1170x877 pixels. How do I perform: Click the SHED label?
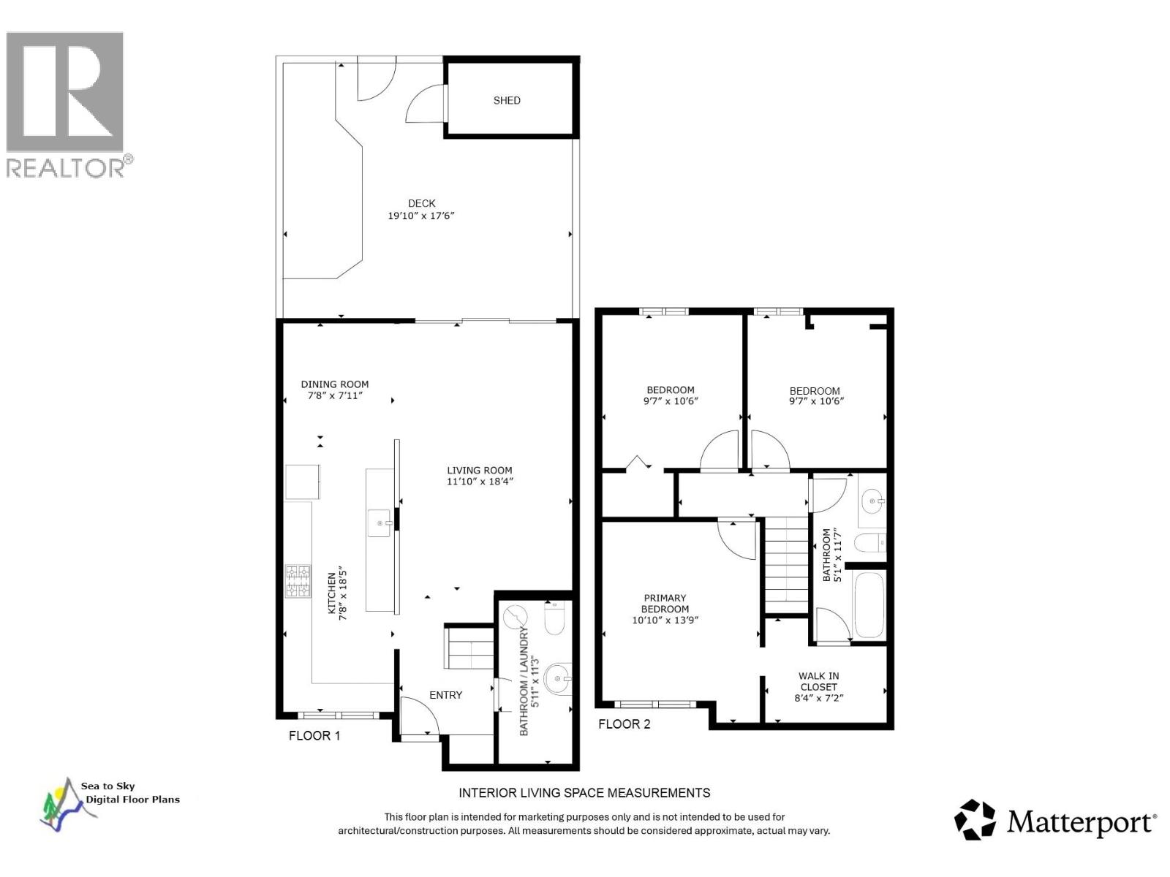(506, 101)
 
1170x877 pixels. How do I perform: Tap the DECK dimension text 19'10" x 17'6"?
(421, 216)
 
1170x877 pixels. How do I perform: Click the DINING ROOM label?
(335, 384)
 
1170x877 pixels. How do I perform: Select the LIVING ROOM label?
(480, 471)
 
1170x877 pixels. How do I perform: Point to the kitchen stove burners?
(298, 581)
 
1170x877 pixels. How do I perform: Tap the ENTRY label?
(445, 695)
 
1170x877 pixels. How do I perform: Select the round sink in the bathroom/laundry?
(559, 680)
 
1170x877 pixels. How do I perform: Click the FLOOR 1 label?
(314, 735)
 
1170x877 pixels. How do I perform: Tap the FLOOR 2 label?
(624, 724)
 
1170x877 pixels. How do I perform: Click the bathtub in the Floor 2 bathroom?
(869, 605)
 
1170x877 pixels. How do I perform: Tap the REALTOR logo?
(66, 102)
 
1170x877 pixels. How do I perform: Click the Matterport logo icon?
(975, 820)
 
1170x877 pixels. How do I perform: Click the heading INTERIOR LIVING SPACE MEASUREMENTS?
(584, 792)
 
